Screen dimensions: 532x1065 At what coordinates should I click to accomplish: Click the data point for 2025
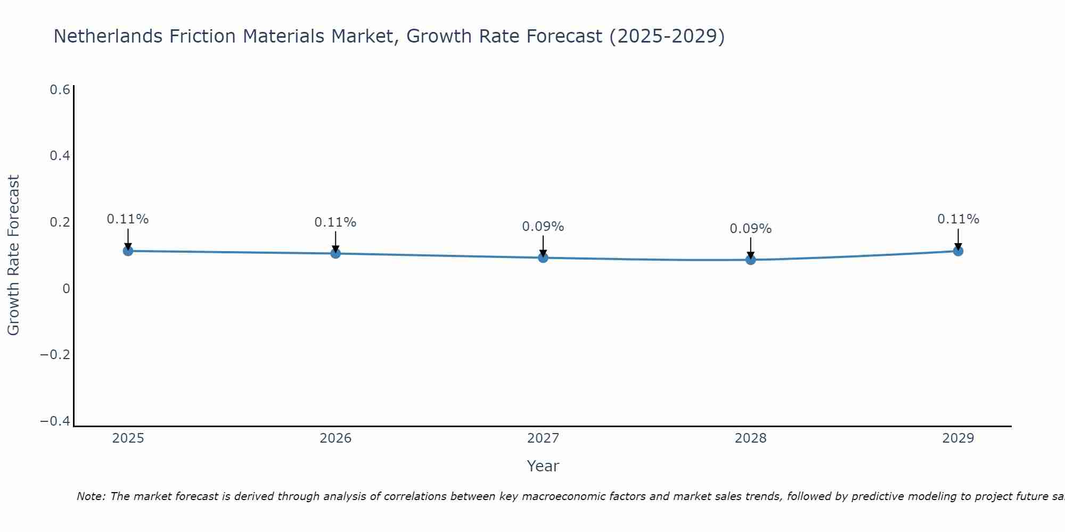point(128,251)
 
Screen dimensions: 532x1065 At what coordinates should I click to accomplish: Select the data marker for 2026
point(335,253)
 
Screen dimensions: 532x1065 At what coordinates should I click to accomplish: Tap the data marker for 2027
point(543,257)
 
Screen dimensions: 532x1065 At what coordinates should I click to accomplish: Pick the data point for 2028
point(751,260)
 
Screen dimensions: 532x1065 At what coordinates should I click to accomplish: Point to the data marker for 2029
point(958,251)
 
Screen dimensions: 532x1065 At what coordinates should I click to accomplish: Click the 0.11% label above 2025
point(128,219)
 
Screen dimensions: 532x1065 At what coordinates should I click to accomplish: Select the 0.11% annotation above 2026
point(335,222)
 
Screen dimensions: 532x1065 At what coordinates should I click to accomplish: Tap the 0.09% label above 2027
point(543,227)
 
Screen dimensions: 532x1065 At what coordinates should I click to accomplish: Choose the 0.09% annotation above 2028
point(751,229)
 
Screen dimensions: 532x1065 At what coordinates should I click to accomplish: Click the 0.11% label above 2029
point(958,219)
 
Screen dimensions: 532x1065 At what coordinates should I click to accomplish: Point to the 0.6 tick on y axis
point(60,90)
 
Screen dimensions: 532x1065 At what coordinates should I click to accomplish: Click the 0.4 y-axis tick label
point(60,156)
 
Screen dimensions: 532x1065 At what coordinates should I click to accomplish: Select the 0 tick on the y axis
point(66,288)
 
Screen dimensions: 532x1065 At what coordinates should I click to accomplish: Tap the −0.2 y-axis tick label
point(55,355)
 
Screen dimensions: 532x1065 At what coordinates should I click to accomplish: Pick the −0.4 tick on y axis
point(55,421)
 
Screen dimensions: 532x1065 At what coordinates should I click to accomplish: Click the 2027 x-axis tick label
point(543,438)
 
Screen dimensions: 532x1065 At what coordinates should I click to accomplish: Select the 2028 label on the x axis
point(751,438)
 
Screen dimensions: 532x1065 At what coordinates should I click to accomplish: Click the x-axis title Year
point(543,466)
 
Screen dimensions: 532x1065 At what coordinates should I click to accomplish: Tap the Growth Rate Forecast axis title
point(13,255)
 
